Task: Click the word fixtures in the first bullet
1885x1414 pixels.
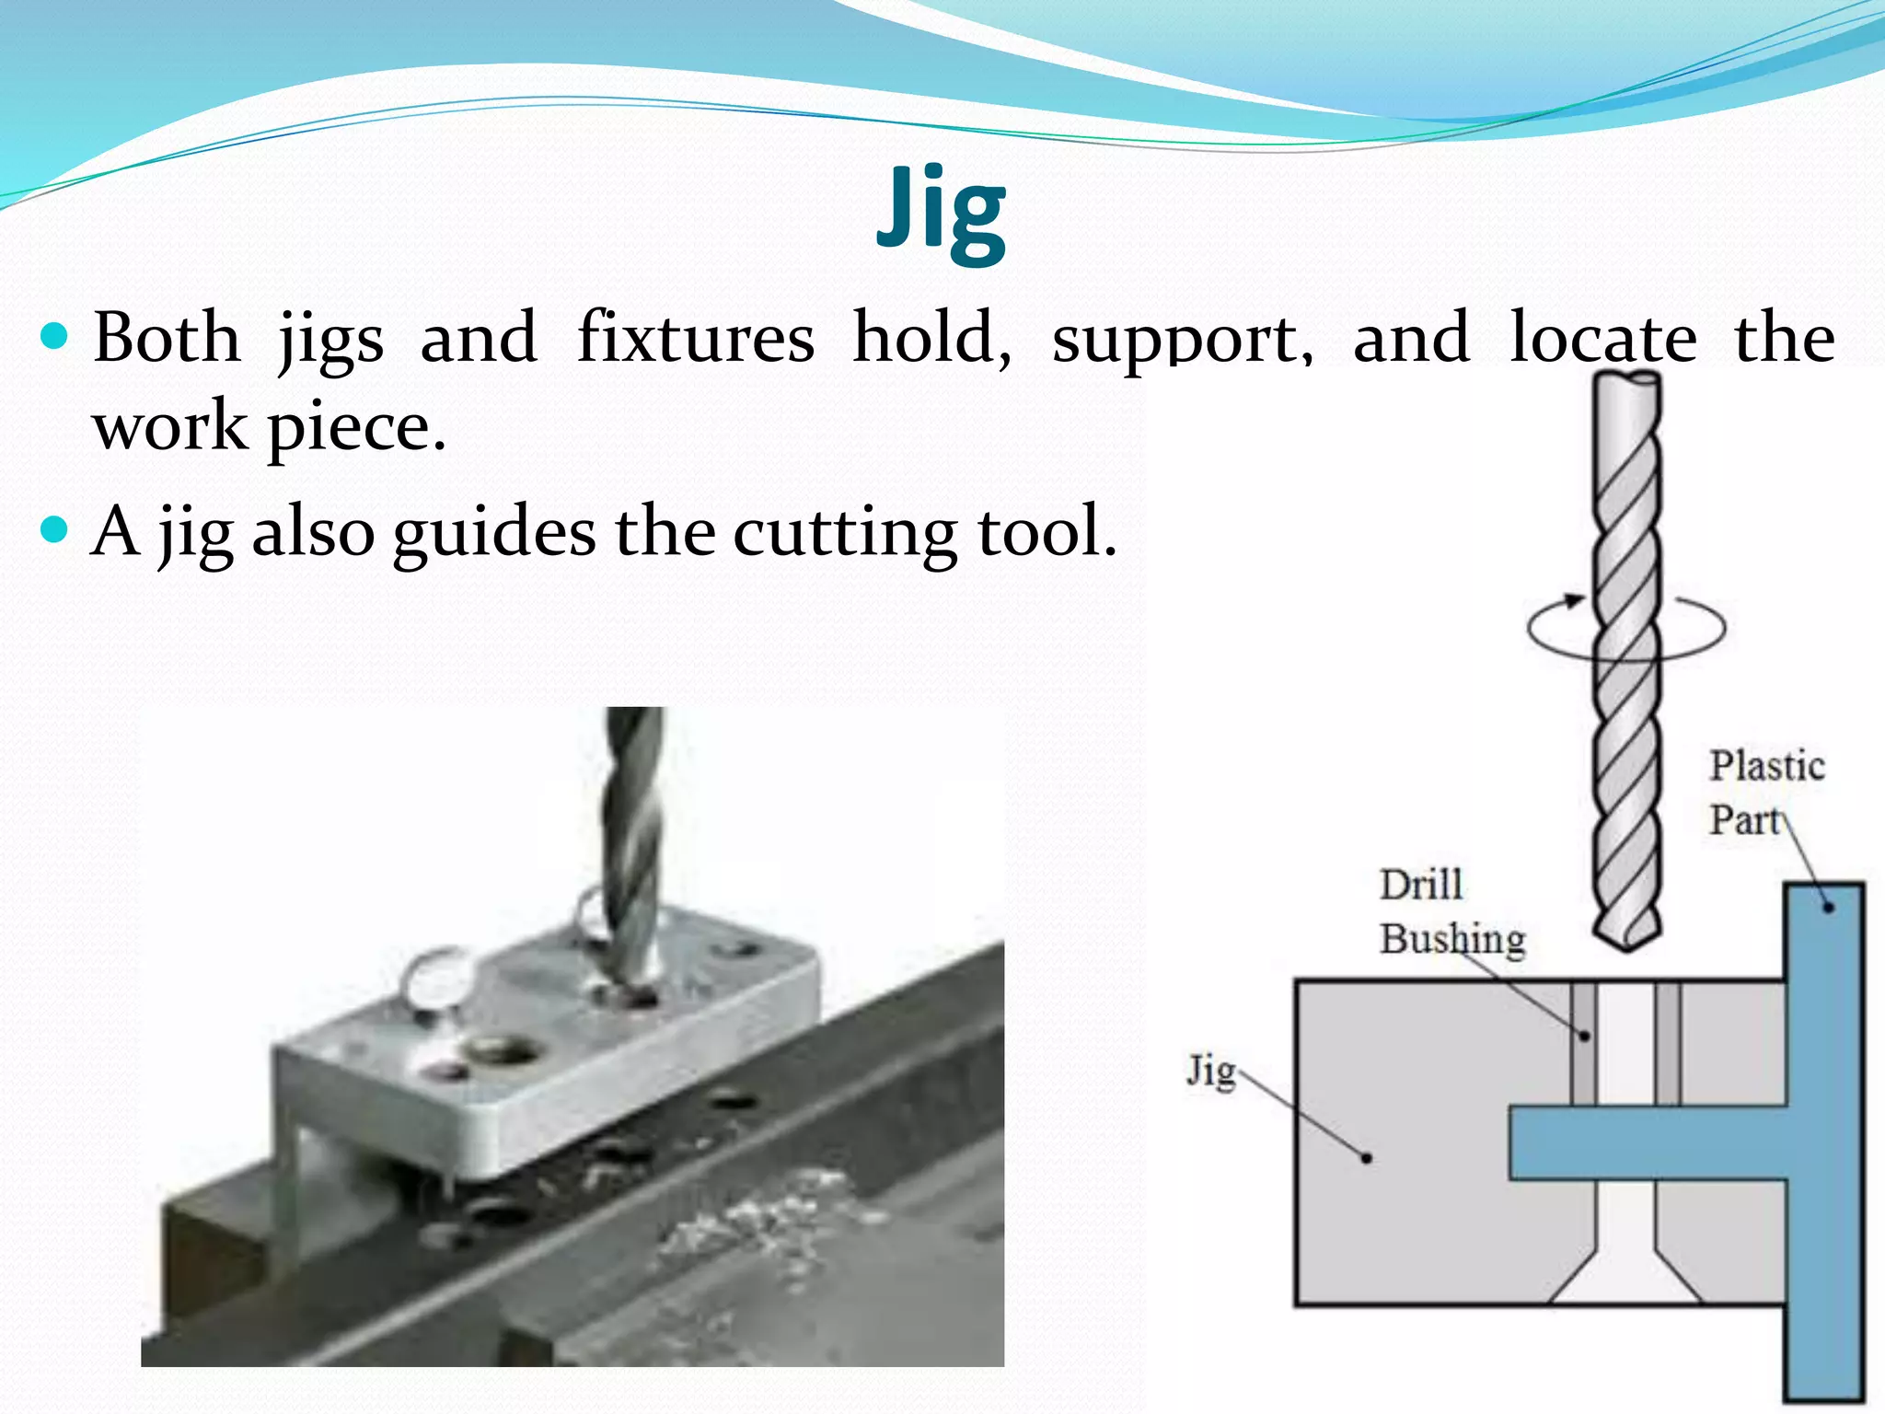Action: (695, 339)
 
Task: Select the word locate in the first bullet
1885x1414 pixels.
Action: (1602, 339)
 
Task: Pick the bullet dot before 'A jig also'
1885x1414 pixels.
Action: (55, 529)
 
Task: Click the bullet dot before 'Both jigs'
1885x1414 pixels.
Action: (55, 337)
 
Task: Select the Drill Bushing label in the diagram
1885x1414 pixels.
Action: (1451, 912)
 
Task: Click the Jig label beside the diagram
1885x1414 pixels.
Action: (1209, 1071)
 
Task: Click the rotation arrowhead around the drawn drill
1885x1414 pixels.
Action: (1575, 601)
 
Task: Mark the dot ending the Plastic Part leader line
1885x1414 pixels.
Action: (1828, 908)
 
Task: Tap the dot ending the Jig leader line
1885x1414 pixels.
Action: (1367, 1158)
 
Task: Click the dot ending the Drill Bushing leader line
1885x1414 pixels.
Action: (1584, 1036)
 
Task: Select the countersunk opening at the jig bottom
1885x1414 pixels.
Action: (1625, 1275)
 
